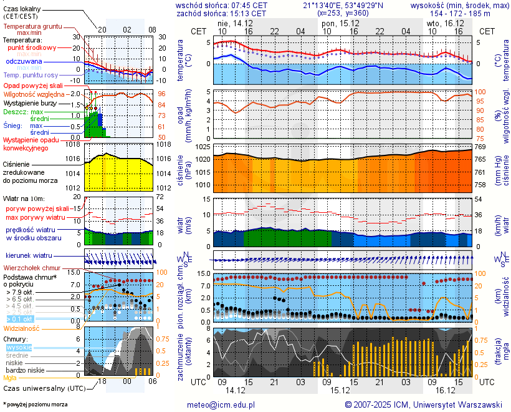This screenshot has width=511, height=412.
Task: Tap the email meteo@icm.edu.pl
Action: (x=221, y=405)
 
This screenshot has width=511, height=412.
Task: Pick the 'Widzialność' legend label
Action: (x=22, y=327)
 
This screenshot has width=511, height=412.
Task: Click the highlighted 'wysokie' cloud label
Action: (x=19, y=347)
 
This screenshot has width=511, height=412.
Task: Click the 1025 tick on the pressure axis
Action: (x=203, y=146)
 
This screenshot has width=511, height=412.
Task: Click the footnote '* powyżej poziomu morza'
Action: (x=35, y=405)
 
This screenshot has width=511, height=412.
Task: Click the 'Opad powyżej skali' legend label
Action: (x=33, y=85)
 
